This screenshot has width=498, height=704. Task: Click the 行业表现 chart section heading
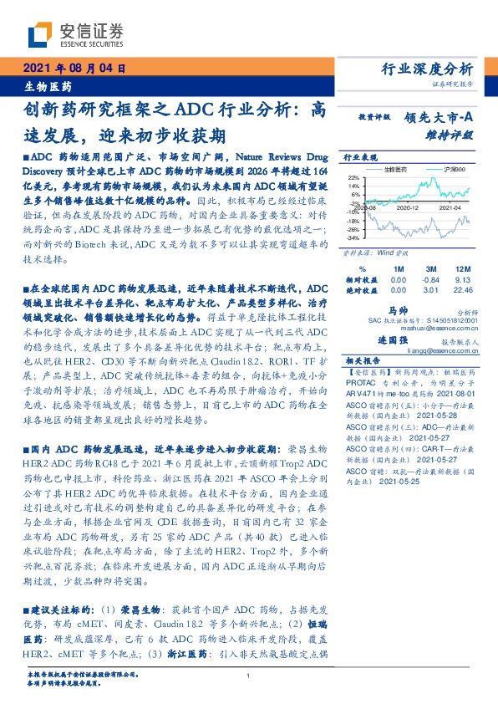click(x=361, y=156)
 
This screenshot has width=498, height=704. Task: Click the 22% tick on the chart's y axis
click(x=353, y=177)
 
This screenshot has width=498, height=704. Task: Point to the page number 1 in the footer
click(x=248, y=676)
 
